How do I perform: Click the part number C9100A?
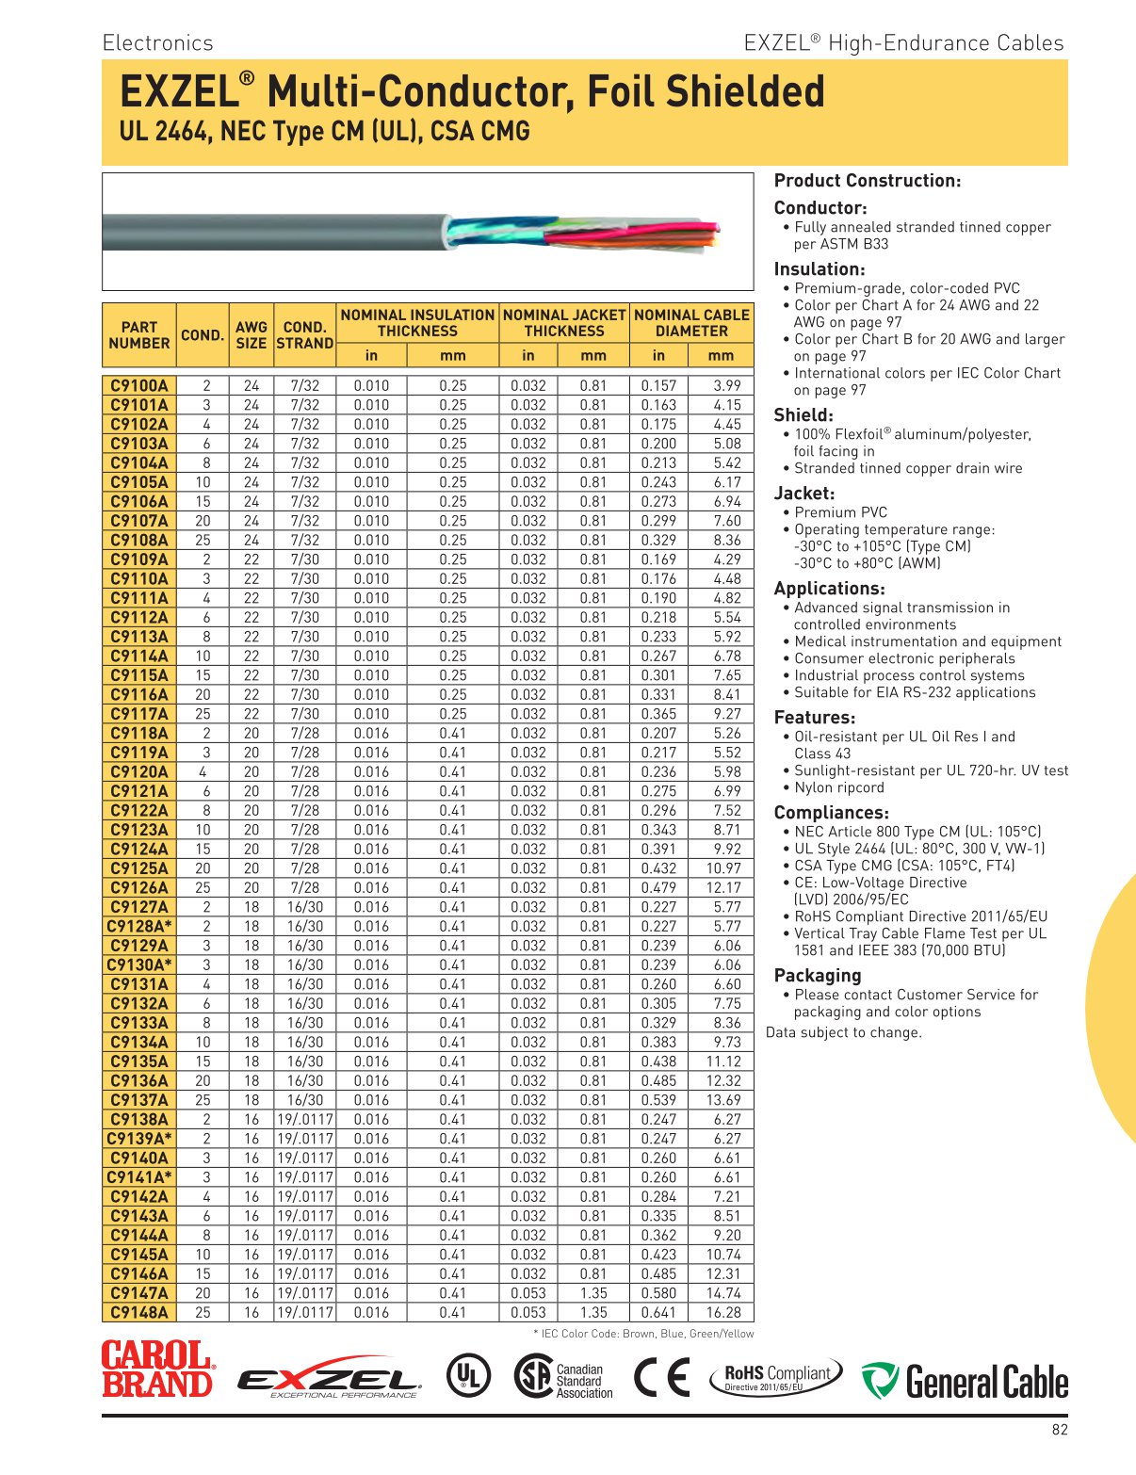[139, 385]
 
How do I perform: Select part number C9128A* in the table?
[139, 926]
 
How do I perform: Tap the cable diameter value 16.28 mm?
[722, 1312]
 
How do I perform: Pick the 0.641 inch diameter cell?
[658, 1312]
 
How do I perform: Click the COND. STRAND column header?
[304, 334]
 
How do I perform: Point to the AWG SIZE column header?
[252, 334]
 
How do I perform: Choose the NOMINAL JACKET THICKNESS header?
[564, 322]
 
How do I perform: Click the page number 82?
[1060, 1430]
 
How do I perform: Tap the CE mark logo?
[661, 1377]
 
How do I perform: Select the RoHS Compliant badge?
[775, 1378]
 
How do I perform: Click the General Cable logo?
[965, 1381]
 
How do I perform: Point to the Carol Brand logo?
[157, 1369]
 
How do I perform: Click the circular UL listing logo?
[467, 1377]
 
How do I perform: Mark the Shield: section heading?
[803, 415]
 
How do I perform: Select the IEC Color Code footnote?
[643, 1334]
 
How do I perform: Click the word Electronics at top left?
[157, 42]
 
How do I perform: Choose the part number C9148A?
[139, 1312]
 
